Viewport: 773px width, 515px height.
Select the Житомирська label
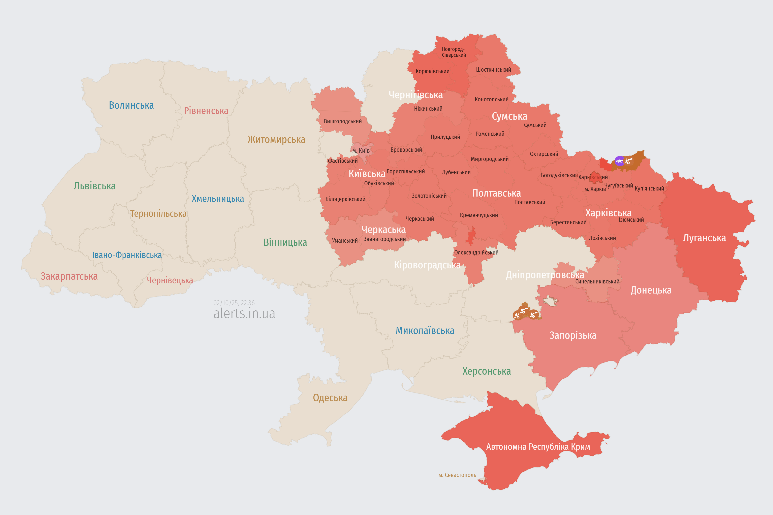(x=276, y=140)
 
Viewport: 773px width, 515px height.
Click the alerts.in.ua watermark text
(x=244, y=314)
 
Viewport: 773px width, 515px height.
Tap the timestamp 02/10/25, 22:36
(x=234, y=303)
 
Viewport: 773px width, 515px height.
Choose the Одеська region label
(x=330, y=398)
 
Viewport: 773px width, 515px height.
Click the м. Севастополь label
(x=457, y=475)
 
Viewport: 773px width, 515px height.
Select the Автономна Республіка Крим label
(x=538, y=447)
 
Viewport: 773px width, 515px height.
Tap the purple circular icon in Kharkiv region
(x=619, y=161)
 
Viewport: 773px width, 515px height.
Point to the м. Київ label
(x=361, y=151)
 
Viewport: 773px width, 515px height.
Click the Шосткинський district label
(x=493, y=70)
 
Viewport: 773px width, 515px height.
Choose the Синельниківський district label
(x=597, y=281)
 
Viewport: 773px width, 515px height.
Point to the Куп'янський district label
(x=649, y=188)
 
